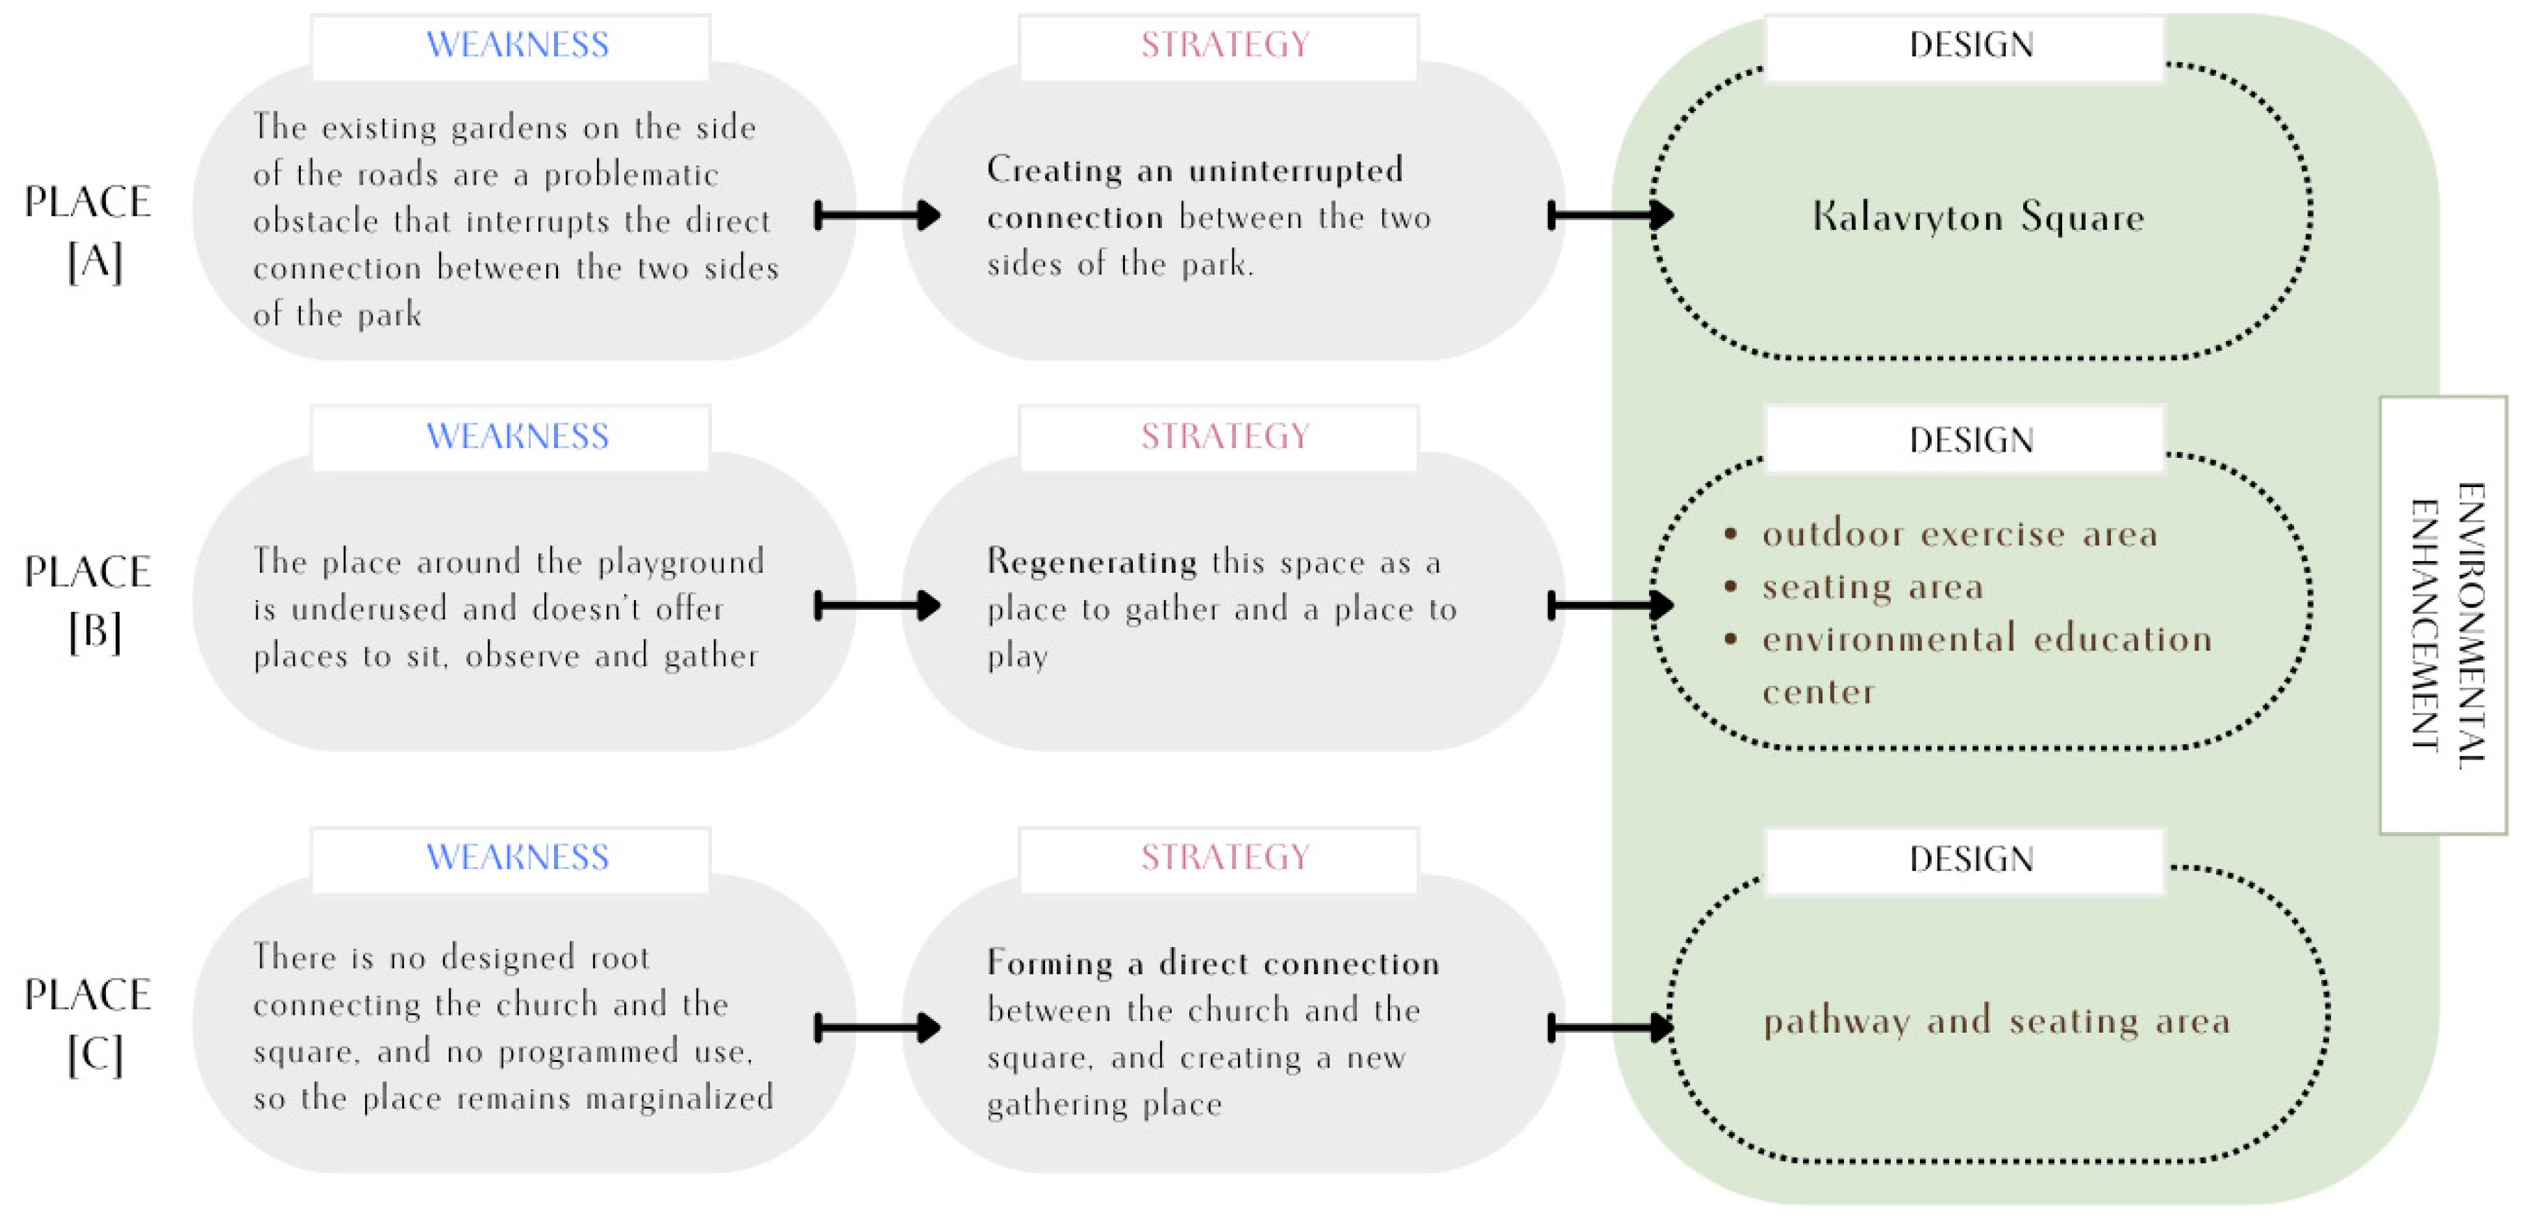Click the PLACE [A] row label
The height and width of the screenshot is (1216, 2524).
[88, 231]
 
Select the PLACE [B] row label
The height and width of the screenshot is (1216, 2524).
[88, 601]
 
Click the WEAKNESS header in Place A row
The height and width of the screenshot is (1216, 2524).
[518, 45]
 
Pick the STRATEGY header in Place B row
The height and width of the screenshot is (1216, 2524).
[1225, 436]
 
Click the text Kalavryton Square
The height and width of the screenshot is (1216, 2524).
[1977, 217]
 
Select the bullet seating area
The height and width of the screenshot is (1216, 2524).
[1871, 587]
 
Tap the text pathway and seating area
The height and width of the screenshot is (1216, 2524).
[1996, 1021]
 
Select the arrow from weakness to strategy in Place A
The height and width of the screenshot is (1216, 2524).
[877, 215]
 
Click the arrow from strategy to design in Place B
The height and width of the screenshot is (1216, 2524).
[1610, 606]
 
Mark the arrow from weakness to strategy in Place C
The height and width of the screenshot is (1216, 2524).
[877, 1027]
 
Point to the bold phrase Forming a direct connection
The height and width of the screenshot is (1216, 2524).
[1213, 963]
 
